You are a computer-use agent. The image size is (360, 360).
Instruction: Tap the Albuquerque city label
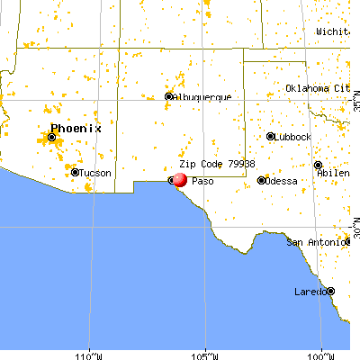click(202, 97)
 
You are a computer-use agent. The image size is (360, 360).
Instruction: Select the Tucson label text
click(93, 173)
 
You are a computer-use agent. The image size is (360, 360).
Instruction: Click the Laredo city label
click(310, 292)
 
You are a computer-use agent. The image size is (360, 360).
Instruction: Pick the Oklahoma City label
click(317, 88)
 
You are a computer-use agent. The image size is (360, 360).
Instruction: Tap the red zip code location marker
click(179, 180)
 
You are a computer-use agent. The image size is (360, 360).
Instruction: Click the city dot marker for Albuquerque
click(168, 97)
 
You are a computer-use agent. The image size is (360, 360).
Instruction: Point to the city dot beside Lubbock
click(270, 137)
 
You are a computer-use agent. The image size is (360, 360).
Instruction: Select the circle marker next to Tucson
click(74, 173)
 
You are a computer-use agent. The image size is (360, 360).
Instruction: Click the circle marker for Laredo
click(330, 292)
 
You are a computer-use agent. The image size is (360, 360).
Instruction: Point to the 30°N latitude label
click(355, 225)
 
